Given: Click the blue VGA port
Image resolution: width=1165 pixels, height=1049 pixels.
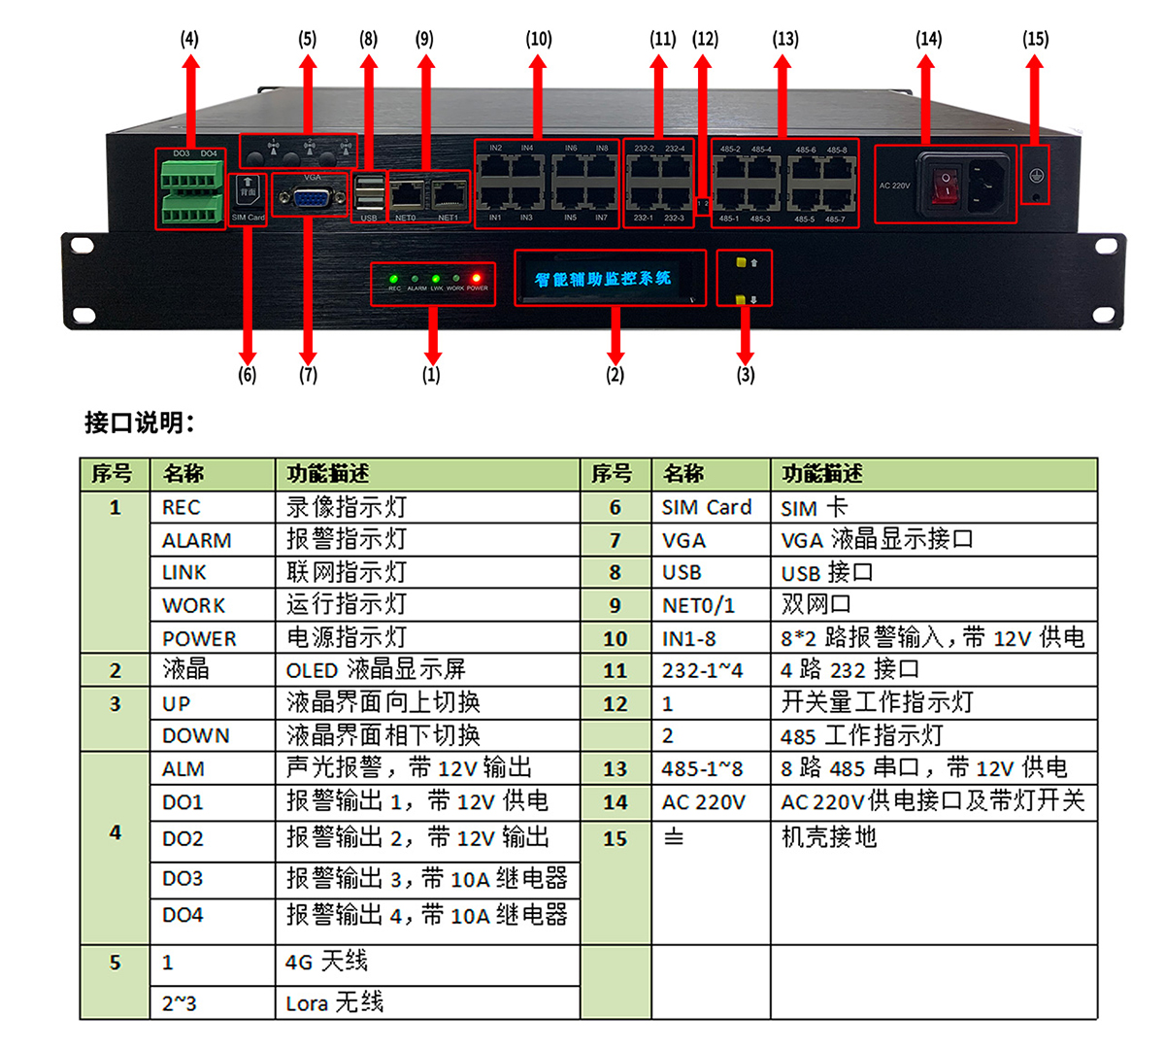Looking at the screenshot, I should pyautogui.click(x=311, y=198).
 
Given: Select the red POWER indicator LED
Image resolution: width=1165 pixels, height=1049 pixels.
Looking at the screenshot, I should pyautogui.click(x=476, y=279).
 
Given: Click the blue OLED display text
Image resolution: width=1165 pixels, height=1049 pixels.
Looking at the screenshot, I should pyautogui.click(x=603, y=279).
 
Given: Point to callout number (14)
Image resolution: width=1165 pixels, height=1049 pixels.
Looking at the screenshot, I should pyautogui.click(x=928, y=39).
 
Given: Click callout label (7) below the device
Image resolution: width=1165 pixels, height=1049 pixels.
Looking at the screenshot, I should pyautogui.click(x=308, y=374).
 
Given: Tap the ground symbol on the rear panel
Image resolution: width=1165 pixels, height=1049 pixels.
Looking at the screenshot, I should pyautogui.click(x=1036, y=175).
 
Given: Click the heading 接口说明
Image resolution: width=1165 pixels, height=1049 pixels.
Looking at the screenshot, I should pyautogui.click(x=140, y=423).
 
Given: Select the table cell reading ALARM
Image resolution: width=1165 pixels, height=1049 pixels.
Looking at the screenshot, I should pyautogui.click(x=197, y=540).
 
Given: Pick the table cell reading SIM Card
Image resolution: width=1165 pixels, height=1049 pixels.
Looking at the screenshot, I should pyautogui.click(x=707, y=507).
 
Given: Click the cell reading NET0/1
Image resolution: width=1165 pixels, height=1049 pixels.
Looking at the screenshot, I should pyautogui.click(x=698, y=605).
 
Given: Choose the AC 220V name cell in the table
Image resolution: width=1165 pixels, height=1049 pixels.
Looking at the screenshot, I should pyautogui.click(x=704, y=802).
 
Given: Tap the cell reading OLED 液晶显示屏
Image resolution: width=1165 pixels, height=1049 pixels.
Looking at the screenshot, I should pyautogui.click(x=376, y=670).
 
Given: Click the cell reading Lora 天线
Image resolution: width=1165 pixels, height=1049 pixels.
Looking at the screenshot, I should pyautogui.click(x=335, y=1002).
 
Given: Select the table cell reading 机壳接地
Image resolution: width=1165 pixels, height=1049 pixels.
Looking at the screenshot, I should pyautogui.click(x=829, y=837).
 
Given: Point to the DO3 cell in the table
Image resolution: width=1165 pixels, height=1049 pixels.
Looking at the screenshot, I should pyautogui.click(x=183, y=879).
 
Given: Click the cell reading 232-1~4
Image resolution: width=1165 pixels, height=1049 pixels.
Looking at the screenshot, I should pyautogui.click(x=702, y=670).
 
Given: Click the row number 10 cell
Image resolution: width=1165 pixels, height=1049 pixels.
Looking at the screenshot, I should pyautogui.click(x=616, y=638).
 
